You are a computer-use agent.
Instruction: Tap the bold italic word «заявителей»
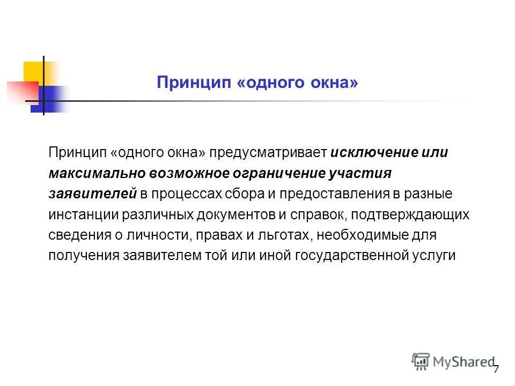click(x=92, y=194)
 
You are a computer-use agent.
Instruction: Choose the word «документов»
click(x=226, y=214)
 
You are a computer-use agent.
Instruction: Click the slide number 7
click(x=496, y=369)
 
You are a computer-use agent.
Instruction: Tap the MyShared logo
click(x=453, y=362)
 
